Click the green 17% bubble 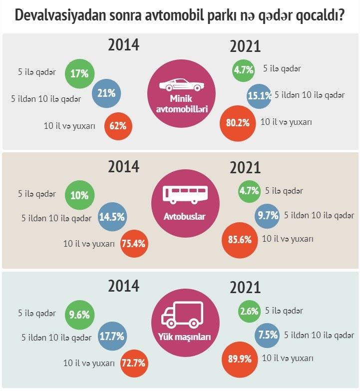click(79, 73)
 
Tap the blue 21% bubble click(106, 93)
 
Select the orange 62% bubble click(118, 126)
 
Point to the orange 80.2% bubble click(238, 123)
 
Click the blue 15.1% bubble click(259, 96)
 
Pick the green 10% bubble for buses click(79, 195)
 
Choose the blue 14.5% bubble click(112, 217)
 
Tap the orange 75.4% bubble click(134, 244)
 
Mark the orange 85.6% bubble click(240, 240)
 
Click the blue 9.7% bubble click(267, 216)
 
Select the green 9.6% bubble click(79, 315)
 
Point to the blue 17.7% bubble click(112, 336)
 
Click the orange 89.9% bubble click(240, 360)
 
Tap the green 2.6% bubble click(249, 311)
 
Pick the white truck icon click(182, 315)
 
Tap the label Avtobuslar click(184, 216)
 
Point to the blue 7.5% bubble click(267, 336)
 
